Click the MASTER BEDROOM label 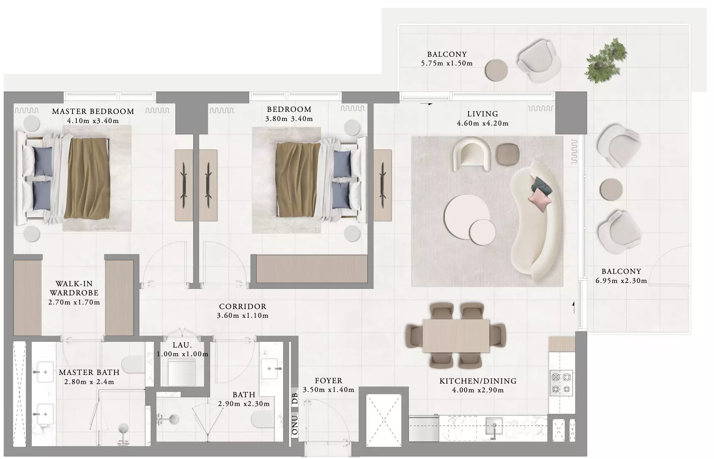click(x=93, y=111)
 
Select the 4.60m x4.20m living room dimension click(x=483, y=123)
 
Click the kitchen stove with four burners click(x=561, y=383)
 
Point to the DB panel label click(x=295, y=399)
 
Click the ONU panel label click(x=295, y=425)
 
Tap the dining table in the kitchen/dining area click(x=456, y=336)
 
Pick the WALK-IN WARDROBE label click(x=74, y=288)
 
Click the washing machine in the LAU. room click(x=182, y=372)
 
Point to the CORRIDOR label click(x=243, y=307)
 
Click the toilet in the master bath click(x=134, y=364)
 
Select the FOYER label click(x=328, y=381)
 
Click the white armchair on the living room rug click(x=473, y=154)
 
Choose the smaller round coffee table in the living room click(x=483, y=232)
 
